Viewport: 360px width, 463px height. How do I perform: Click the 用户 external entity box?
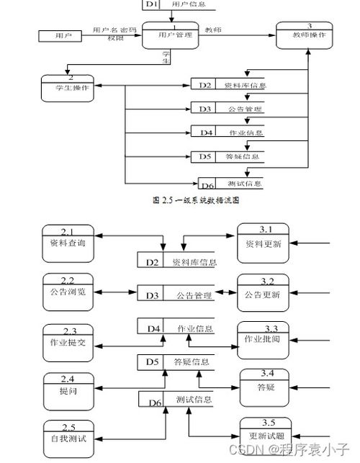tap(58, 35)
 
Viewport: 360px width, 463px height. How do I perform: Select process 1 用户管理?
tap(170, 35)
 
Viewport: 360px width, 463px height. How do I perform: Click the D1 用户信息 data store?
tap(180, 4)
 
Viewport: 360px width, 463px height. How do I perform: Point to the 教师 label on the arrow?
tap(213, 30)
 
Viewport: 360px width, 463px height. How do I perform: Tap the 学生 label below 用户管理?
tap(166, 58)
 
